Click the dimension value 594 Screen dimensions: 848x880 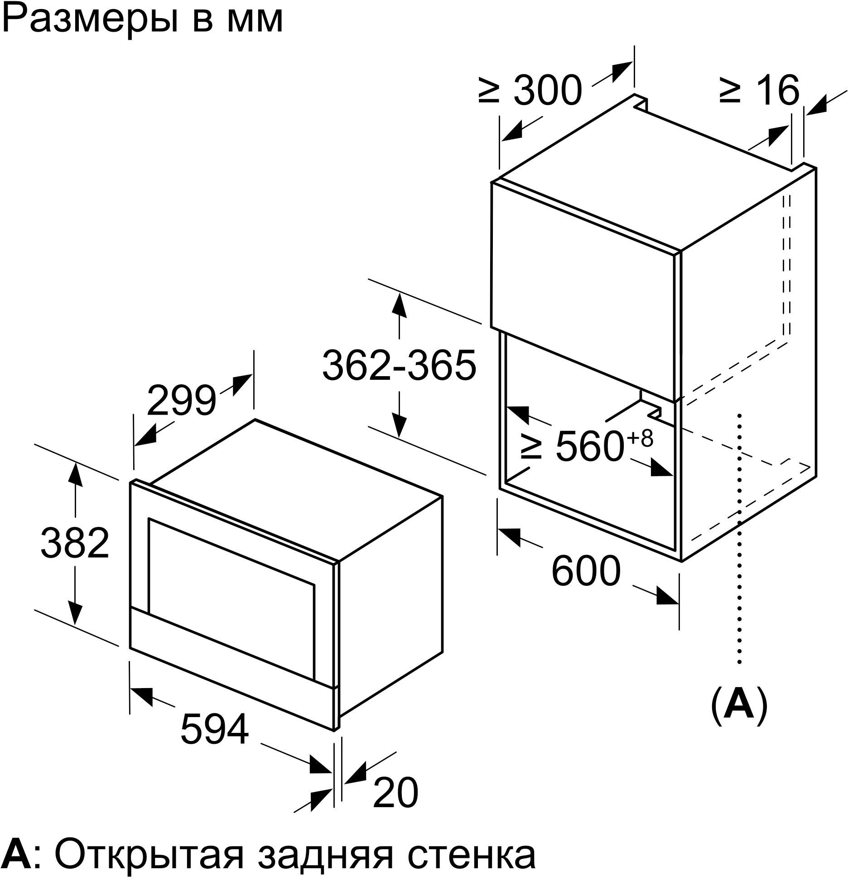click(215, 741)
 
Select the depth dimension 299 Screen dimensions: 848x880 click(181, 400)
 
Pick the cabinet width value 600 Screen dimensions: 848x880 click(585, 571)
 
